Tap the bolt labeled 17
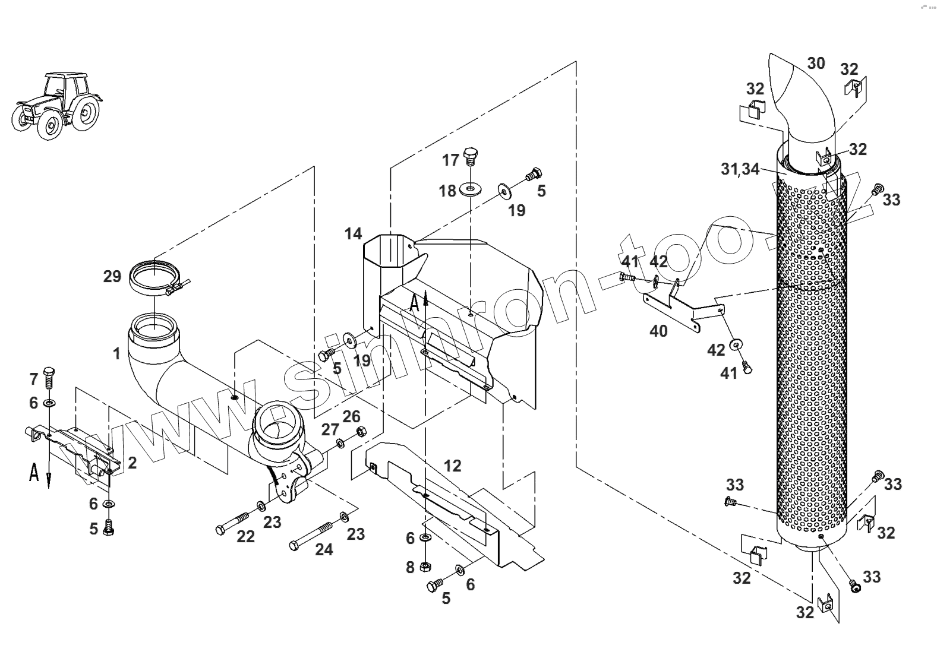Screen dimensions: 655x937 471,156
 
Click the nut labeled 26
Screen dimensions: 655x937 359,432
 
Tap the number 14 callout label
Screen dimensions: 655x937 353,234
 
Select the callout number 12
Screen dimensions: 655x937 452,466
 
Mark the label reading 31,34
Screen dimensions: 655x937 740,169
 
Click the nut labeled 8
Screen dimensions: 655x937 425,566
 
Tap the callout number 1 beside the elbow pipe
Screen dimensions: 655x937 117,354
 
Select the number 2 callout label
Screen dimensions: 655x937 132,463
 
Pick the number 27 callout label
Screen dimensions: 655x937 330,429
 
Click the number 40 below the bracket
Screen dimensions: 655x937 658,331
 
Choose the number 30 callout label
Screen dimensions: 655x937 816,63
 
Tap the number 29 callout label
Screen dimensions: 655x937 112,276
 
